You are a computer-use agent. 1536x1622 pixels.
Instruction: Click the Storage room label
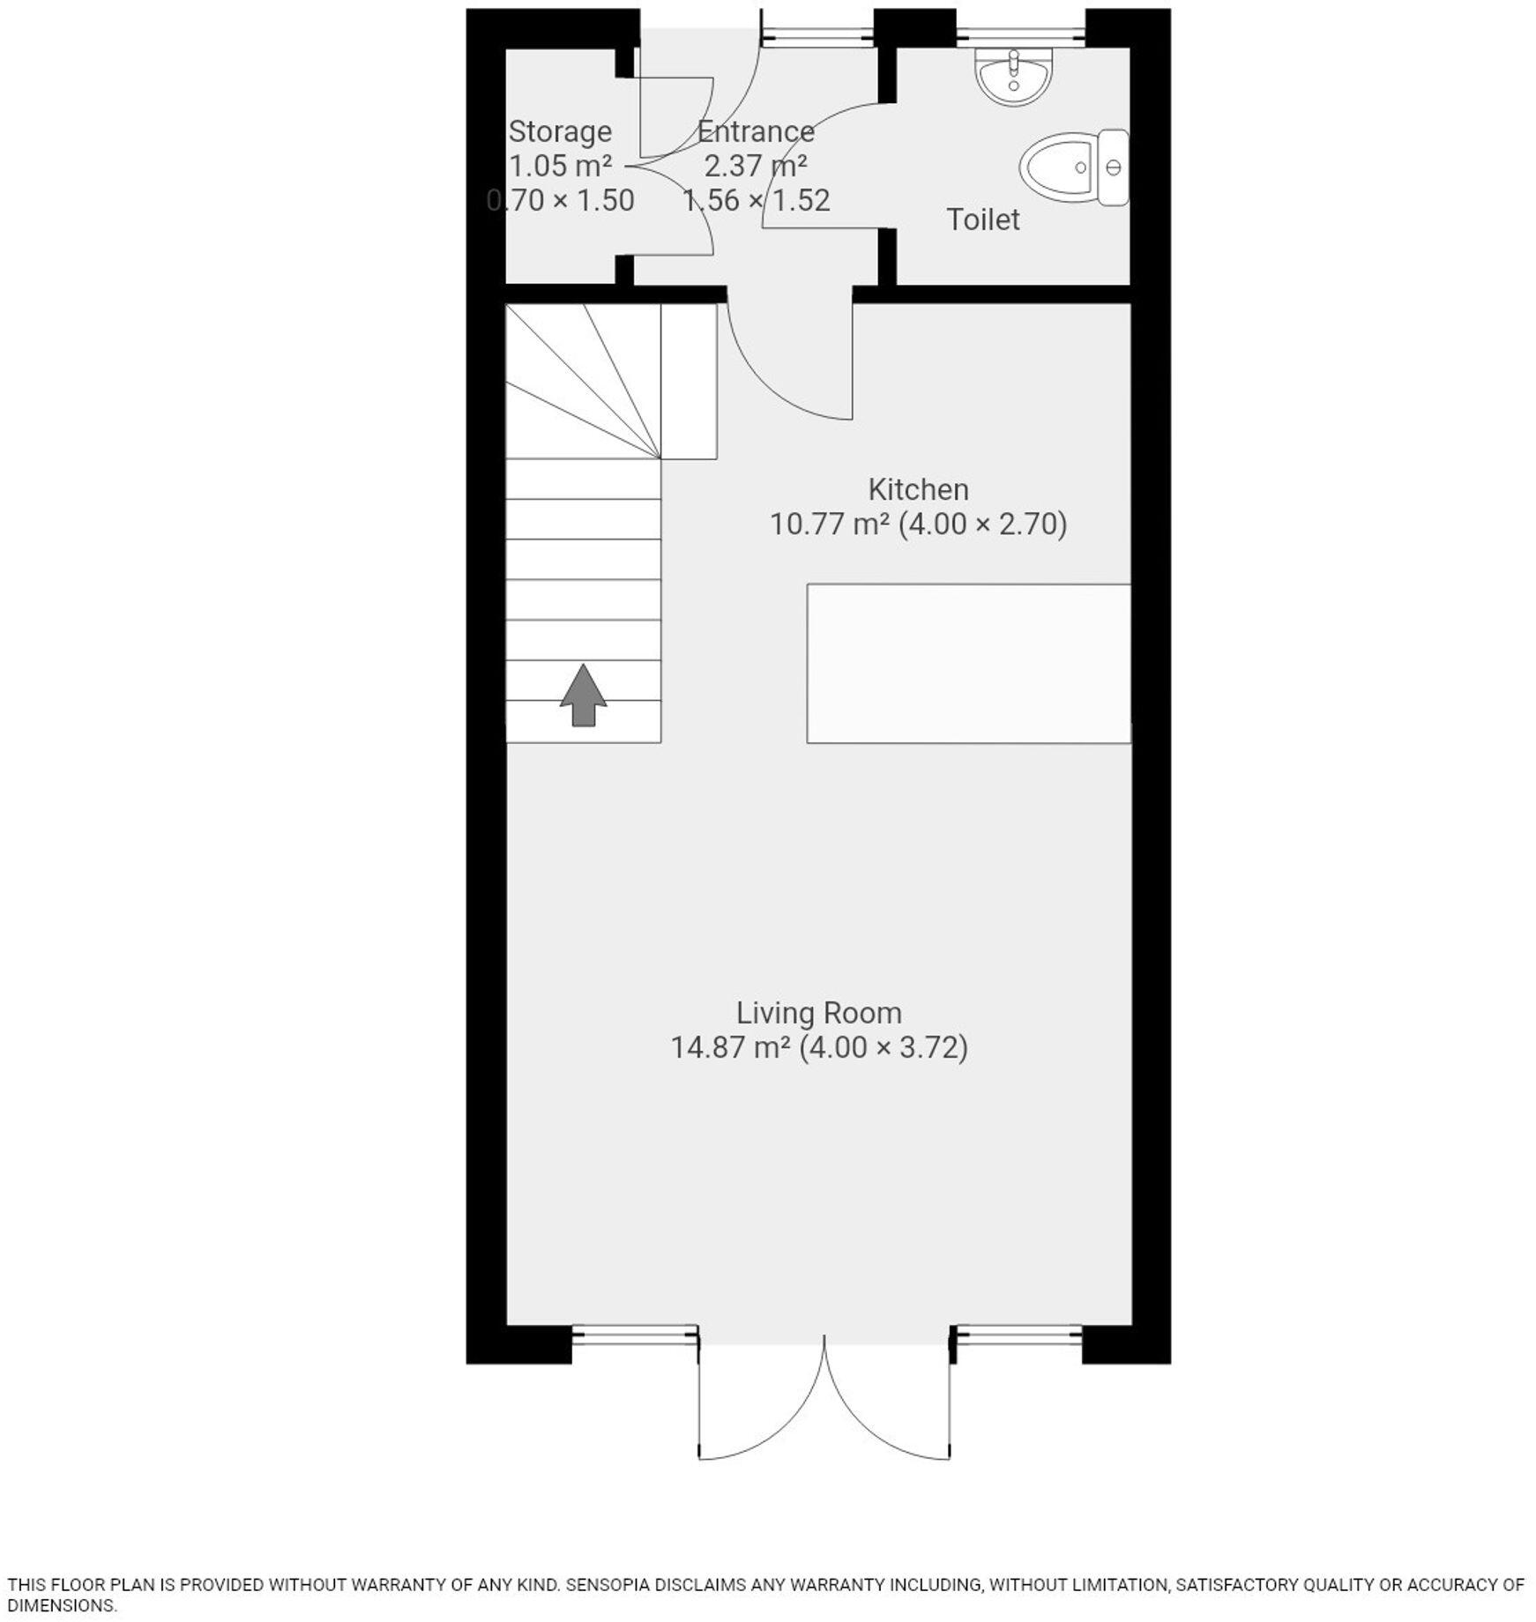[560, 131]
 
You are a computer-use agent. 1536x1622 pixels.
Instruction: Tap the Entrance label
[756, 131]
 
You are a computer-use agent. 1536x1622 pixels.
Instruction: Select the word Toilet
[982, 219]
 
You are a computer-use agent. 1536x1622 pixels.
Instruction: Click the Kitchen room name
[918, 489]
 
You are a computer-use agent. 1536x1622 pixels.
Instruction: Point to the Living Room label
[818, 1013]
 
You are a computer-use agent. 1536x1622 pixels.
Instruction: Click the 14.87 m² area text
[730, 1048]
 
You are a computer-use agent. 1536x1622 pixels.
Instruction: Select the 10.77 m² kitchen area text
[829, 525]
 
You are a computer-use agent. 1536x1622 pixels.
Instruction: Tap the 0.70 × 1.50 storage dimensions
[561, 201]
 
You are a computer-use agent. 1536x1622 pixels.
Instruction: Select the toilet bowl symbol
[1071, 167]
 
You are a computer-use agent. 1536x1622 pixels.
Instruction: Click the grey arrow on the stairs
[583, 696]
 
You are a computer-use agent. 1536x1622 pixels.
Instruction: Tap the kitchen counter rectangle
[968, 663]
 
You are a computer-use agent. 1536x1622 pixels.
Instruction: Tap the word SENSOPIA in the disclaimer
[607, 1584]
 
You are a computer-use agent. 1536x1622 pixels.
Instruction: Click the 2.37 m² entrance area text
[756, 166]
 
